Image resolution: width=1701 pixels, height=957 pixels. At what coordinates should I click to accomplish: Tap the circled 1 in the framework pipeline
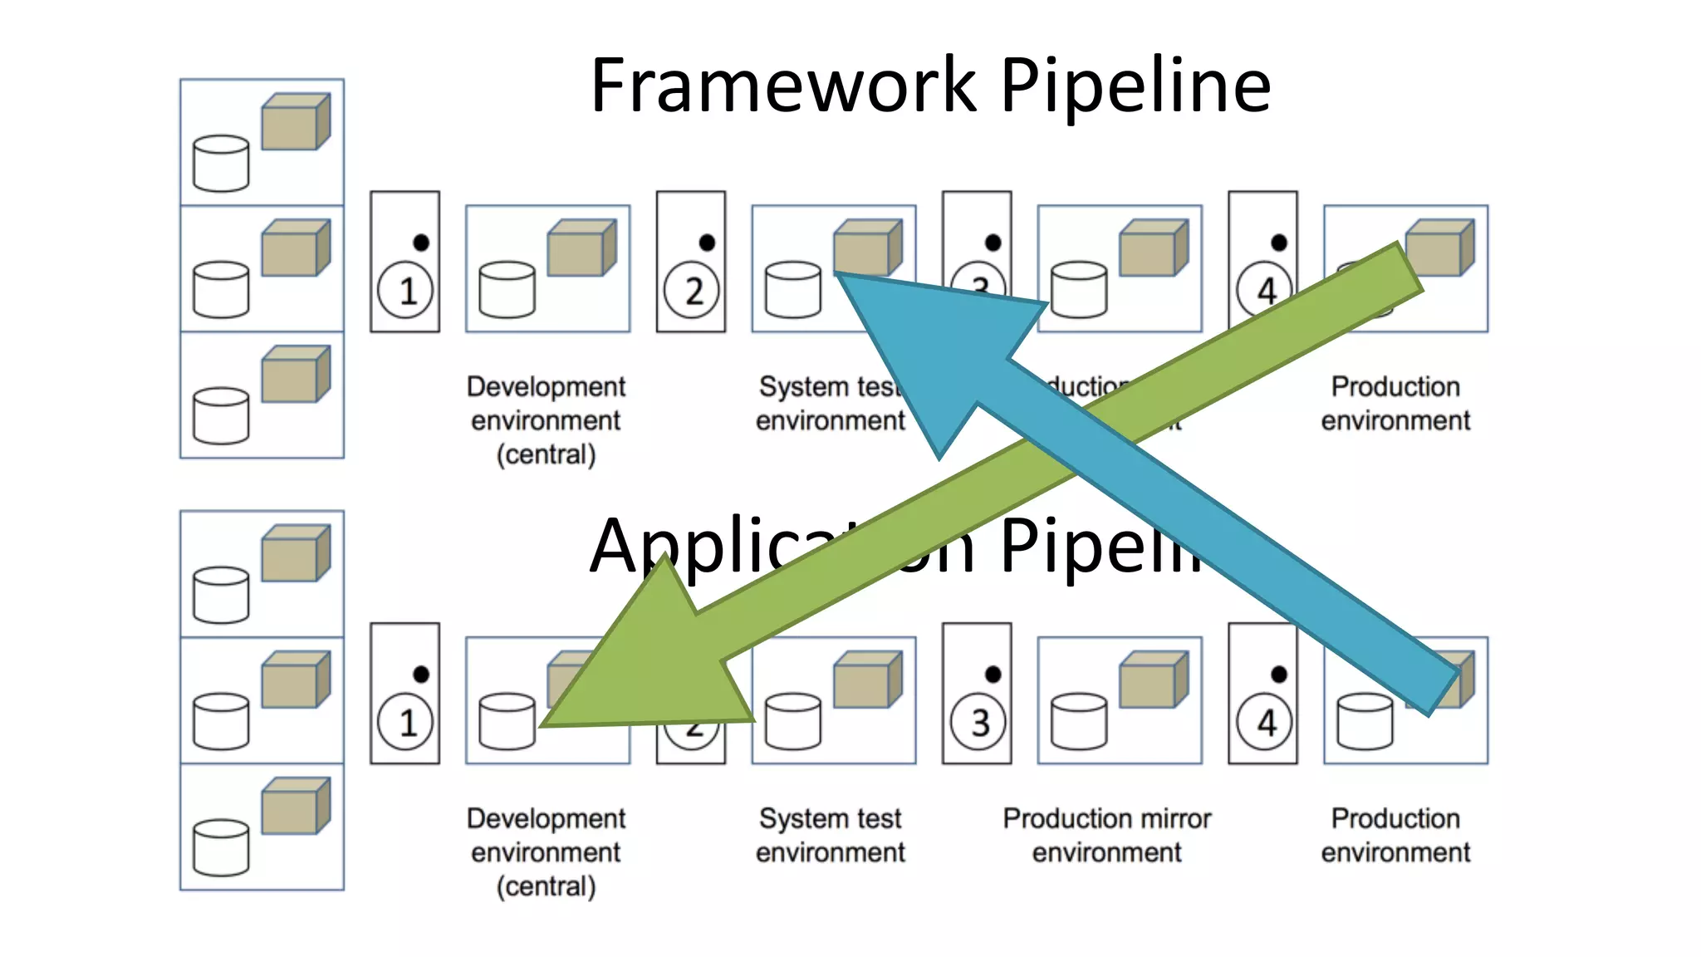405,291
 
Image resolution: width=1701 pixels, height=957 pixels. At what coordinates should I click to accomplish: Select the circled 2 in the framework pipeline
691,291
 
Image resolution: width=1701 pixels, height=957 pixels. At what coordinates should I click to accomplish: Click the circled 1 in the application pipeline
405,722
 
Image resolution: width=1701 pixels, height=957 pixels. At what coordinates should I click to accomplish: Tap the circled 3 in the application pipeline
978,722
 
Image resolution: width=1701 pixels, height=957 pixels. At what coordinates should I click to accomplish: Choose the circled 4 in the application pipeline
1263,722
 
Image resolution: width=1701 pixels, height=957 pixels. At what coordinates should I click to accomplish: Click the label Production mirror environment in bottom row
1106,835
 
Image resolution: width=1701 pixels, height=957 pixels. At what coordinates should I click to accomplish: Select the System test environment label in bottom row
830,835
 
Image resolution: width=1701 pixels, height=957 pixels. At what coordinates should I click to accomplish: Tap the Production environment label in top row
1395,403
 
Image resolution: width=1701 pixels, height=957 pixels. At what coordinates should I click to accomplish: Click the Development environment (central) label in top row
546,420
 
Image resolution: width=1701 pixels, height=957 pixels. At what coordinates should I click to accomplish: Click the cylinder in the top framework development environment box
507,290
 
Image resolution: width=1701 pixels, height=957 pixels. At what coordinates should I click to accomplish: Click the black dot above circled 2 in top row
707,243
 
